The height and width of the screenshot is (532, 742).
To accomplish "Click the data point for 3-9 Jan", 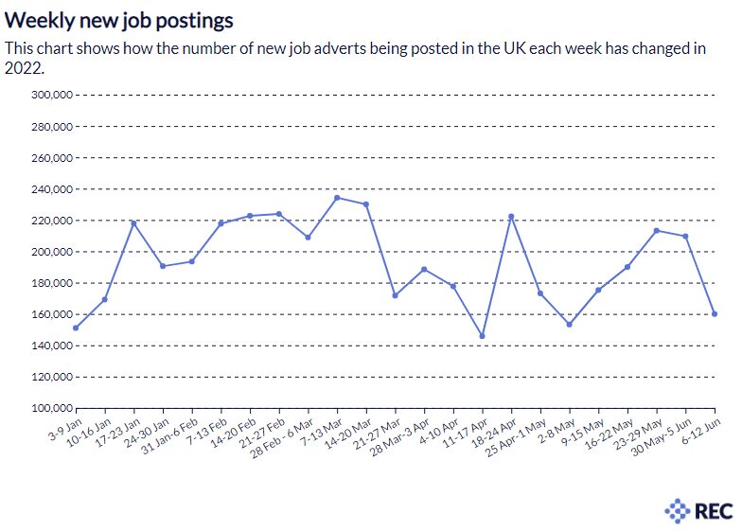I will (76, 328).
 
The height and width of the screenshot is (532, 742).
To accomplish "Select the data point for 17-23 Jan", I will (133, 223).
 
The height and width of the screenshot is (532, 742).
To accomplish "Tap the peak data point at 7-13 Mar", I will (337, 198).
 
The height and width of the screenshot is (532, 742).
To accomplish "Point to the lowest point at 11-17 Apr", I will (483, 336).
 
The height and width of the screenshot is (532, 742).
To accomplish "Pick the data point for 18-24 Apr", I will (511, 217).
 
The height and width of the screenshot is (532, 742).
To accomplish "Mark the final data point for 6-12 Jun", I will (715, 314).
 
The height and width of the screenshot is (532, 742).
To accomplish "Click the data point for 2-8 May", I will (570, 325).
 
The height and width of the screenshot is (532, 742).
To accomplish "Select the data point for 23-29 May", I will (657, 230).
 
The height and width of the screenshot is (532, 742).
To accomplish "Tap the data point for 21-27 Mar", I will (395, 295).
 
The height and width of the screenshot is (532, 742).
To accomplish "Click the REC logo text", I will (713, 511).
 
